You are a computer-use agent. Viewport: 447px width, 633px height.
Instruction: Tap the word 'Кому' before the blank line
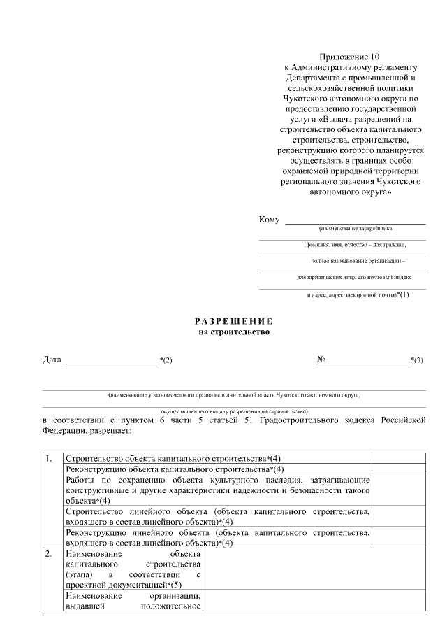pyautogui.click(x=269, y=220)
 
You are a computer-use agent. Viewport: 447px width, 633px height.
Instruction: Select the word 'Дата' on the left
pyautogui.click(x=52, y=360)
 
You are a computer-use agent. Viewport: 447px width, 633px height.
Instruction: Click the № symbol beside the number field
pyautogui.click(x=322, y=360)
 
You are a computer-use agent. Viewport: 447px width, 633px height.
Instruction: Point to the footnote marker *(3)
pyautogui.click(x=417, y=360)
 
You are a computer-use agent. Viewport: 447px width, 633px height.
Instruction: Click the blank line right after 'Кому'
pyautogui.click(x=355, y=222)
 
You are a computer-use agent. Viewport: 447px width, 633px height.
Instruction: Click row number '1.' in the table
pyautogui.click(x=49, y=458)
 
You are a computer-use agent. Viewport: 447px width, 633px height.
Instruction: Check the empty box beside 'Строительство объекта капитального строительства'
pyautogui.click(x=398, y=458)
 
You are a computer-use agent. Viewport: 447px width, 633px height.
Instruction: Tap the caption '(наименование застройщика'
pyautogui.click(x=356, y=229)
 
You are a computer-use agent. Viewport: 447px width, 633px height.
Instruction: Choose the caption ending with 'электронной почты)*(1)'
pyautogui.click(x=358, y=294)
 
